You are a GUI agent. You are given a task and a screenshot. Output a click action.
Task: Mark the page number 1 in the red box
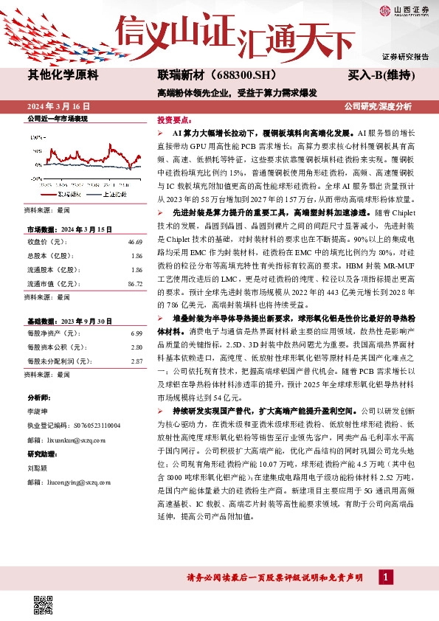click(x=384, y=577)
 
